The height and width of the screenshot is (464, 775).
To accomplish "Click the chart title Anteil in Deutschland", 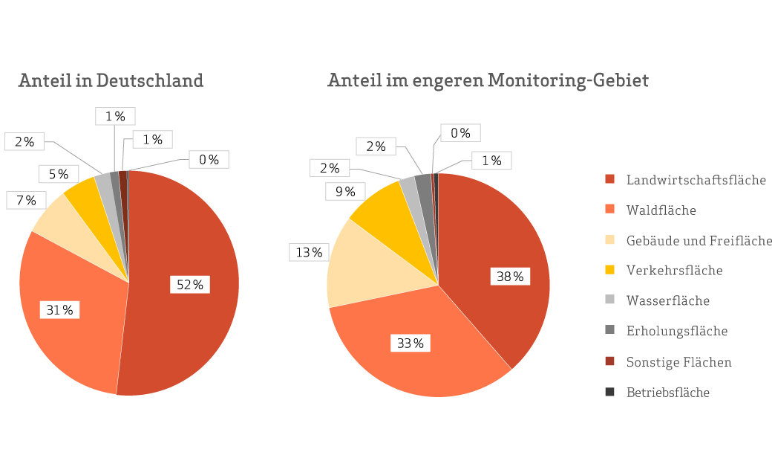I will tap(111, 80).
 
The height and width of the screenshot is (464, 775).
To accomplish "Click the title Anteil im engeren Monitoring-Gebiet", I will tap(488, 80).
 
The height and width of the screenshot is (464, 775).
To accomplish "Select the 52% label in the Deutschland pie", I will tap(189, 284).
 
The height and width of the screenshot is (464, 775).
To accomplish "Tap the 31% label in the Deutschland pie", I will tap(59, 310).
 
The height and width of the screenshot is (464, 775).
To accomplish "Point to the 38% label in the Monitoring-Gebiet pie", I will tap(510, 277).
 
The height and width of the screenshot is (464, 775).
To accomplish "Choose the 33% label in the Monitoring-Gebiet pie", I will tap(409, 344).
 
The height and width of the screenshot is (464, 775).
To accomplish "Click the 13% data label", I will tap(309, 253).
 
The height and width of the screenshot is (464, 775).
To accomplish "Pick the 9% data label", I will tap(345, 192).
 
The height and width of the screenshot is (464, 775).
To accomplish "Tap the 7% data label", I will tap(26, 200).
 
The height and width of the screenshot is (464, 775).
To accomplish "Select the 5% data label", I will tap(59, 175).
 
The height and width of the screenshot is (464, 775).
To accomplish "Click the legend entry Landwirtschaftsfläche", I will tap(696, 180).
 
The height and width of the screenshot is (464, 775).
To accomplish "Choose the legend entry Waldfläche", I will tap(661, 210).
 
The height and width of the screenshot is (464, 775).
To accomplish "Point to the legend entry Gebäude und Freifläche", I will tap(699, 241).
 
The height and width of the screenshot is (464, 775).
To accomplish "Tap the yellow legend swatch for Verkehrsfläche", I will tap(610, 271).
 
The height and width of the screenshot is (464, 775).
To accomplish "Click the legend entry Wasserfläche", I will tap(667, 301).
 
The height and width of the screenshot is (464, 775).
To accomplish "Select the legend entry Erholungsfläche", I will tap(676, 331).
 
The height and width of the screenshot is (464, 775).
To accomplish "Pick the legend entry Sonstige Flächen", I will tap(678, 362).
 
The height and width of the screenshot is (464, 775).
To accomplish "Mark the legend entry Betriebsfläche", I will tap(667, 393).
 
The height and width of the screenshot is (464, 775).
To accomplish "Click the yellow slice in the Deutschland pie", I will tap(82, 196).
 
